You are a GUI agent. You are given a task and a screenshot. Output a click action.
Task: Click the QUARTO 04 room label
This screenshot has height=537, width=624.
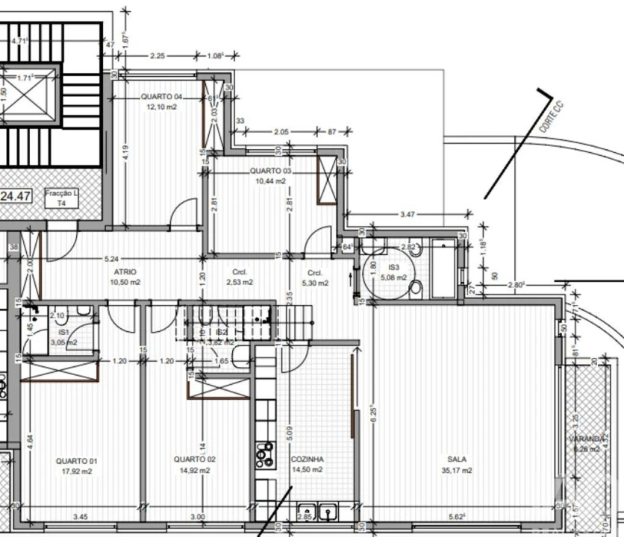161,97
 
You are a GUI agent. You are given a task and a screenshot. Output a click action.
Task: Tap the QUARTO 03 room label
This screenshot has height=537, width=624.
269,171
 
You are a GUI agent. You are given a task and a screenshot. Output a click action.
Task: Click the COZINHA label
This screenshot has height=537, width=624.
308,459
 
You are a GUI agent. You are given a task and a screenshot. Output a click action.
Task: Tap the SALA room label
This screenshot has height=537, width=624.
456,460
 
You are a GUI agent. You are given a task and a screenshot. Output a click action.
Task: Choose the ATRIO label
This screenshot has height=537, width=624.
125,272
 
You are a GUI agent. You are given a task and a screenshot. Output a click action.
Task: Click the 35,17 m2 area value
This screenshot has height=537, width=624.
456,471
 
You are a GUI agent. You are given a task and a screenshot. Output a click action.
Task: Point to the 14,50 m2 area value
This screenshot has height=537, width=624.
308,470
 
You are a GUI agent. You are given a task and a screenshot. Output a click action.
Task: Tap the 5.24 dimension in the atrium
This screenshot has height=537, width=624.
110,259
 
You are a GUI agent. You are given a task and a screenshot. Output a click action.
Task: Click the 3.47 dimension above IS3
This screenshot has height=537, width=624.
407,214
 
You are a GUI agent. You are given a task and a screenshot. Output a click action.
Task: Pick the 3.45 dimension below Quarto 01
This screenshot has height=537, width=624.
80,516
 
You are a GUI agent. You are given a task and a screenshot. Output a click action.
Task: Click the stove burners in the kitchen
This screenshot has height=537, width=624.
265,453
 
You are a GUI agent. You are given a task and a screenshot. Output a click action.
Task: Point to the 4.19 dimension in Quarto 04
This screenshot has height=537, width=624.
126,153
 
